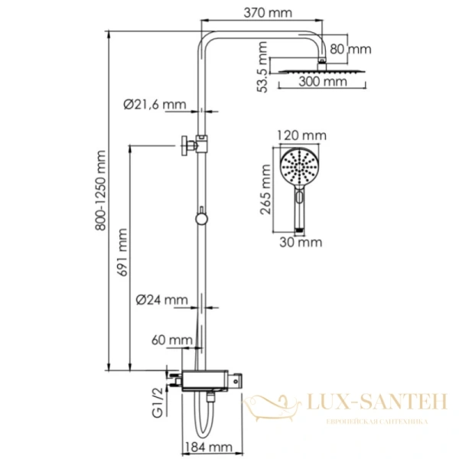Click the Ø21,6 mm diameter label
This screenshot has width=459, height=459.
pyautogui.click(x=155, y=105)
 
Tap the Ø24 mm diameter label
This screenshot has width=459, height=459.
pyautogui.click(x=160, y=299)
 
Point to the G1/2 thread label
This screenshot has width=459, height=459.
pyautogui.click(x=158, y=405)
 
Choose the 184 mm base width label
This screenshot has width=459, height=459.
pyautogui.click(x=207, y=446)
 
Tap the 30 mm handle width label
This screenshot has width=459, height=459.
pyautogui.click(x=301, y=243)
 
